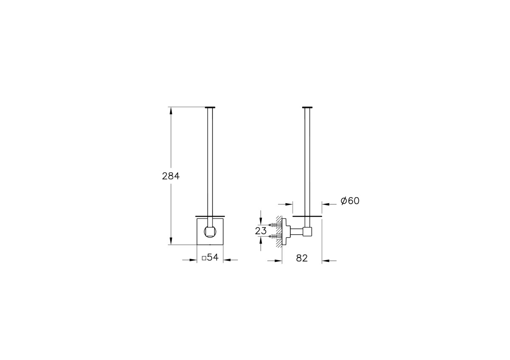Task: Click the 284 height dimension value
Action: pyautogui.click(x=171, y=176)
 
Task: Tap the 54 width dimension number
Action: pyautogui.click(x=212, y=257)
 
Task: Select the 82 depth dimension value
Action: pyautogui.click(x=302, y=258)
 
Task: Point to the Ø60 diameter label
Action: pyautogui.click(x=350, y=201)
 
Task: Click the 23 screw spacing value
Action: pyautogui.click(x=261, y=231)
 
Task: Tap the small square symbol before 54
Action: pyautogui.click(x=204, y=258)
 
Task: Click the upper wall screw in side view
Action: pyautogui.click(x=275, y=225)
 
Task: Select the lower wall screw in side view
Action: pyautogui.click(x=275, y=237)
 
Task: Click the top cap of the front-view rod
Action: pyautogui.click(x=210, y=107)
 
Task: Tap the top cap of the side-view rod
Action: pyautogui.click(x=307, y=107)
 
